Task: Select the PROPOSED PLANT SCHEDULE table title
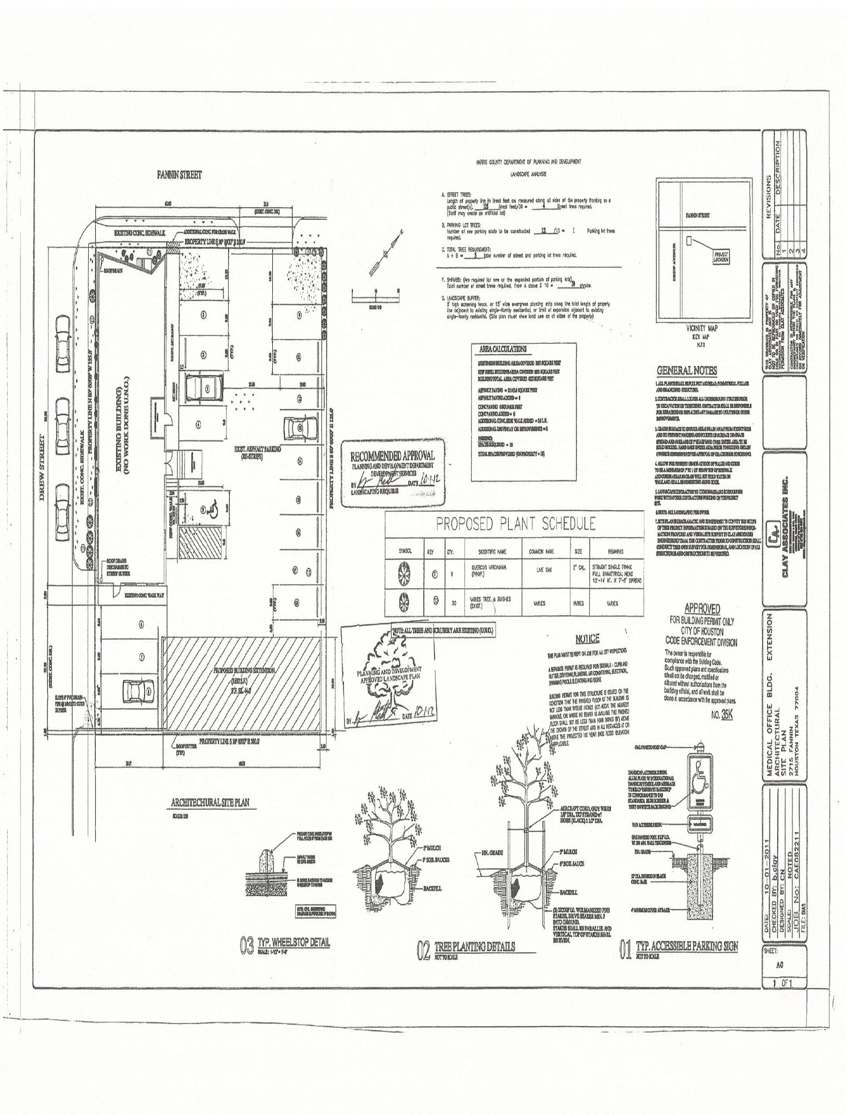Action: coord(515,524)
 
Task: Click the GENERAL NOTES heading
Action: coord(686,371)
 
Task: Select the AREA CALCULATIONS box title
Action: coord(503,349)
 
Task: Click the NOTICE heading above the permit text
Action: coord(587,639)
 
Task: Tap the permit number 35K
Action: coord(726,715)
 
